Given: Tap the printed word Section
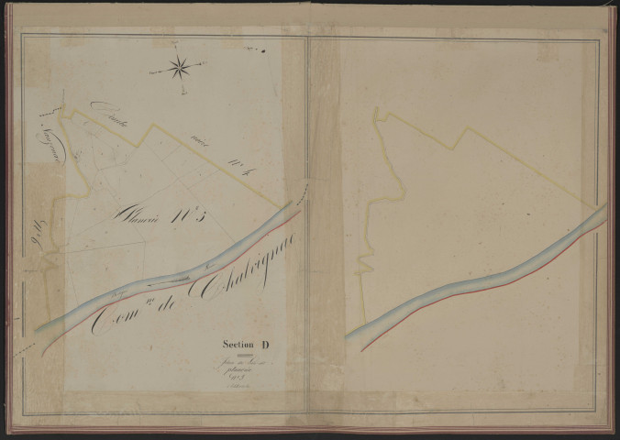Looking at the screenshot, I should point(238,345).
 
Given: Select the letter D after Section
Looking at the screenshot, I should point(266,345).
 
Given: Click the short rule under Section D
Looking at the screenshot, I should point(243,355).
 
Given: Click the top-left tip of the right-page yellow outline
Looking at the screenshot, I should point(375,111).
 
